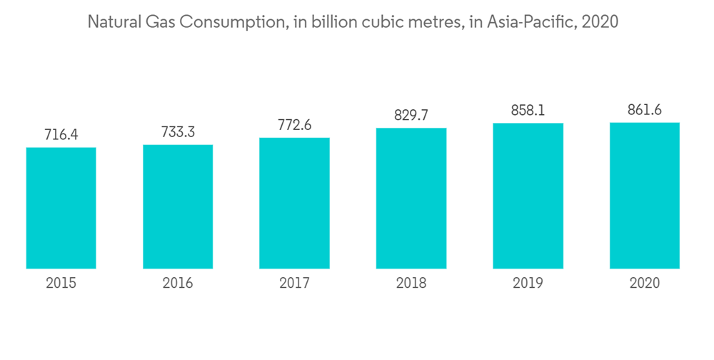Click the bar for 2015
tap(61, 208)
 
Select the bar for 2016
tap(178, 206)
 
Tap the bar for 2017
tap(294, 203)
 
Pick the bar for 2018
tap(411, 199)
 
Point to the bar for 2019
tap(528, 196)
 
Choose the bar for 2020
tap(645, 196)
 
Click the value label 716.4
tap(61, 134)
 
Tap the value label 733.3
tap(178, 131)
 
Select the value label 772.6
tap(294, 124)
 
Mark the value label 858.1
tap(528, 110)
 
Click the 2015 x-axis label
tap(61, 284)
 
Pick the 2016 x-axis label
tap(178, 284)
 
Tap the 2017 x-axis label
tap(294, 284)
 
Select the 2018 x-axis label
tap(411, 284)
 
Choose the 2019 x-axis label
tap(528, 284)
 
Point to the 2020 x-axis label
tap(645, 284)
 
